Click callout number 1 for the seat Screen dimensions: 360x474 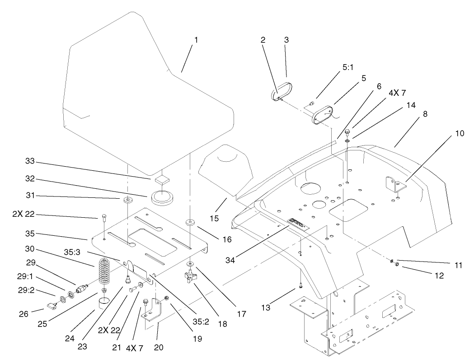point(196,40)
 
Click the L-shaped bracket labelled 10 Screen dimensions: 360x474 point(393,185)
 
